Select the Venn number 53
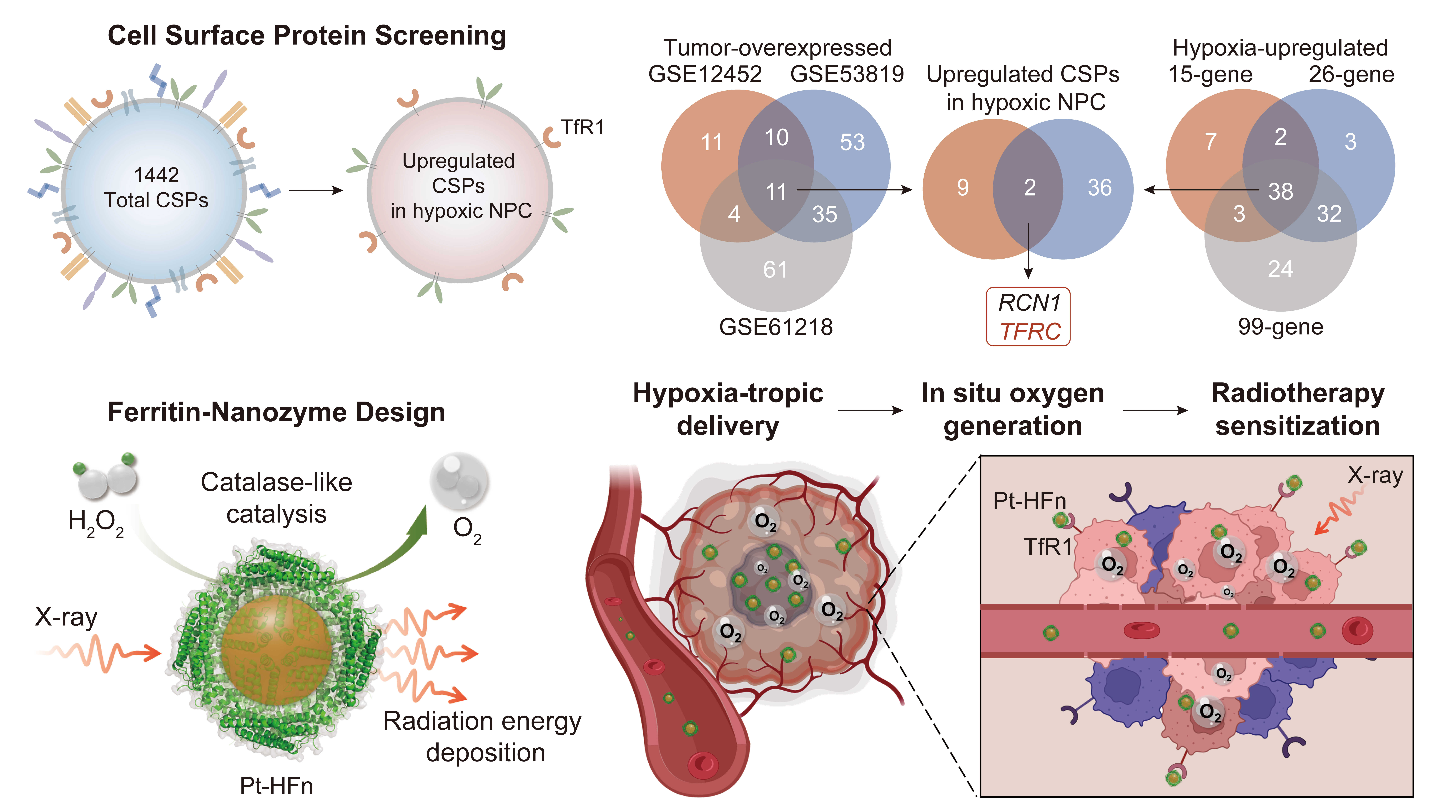click(852, 142)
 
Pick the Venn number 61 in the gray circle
click(775, 270)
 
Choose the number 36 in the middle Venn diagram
click(1100, 188)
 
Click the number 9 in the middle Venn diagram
click(963, 188)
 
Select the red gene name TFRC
click(1030, 332)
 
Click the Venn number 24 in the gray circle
click(1280, 269)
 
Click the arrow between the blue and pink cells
click(316, 191)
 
